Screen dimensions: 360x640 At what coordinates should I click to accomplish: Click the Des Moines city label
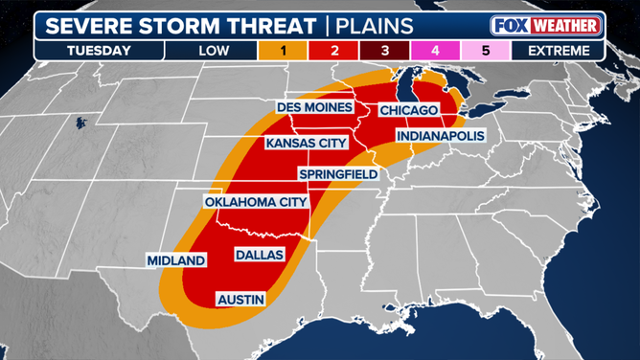coord(315,107)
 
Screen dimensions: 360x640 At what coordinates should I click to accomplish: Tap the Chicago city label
coord(408,111)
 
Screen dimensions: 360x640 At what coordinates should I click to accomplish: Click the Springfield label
coord(338,174)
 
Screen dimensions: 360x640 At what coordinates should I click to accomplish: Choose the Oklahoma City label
coord(256,202)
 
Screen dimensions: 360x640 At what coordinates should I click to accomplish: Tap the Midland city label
coord(176,260)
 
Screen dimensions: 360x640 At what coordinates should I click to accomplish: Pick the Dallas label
coord(260,255)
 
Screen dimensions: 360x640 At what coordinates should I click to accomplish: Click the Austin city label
coord(241,300)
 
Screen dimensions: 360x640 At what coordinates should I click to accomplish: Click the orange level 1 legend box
coord(282,50)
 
